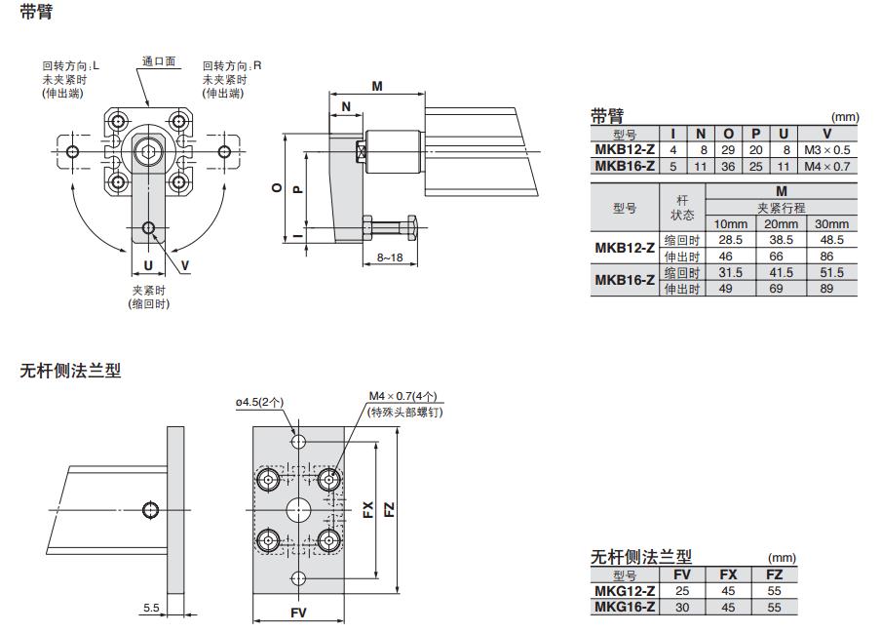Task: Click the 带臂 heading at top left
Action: pos(36,13)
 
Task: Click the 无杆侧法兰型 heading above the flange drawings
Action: pos(70,371)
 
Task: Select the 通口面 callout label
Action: pos(159,61)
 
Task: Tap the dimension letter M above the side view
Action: pos(376,86)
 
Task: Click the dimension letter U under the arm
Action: pos(148,264)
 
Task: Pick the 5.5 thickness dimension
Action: pos(151,608)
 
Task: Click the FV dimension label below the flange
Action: pos(299,612)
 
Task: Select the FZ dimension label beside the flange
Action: pos(389,508)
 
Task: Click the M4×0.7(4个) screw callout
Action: pos(402,397)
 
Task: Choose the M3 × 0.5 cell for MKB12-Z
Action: pos(827,150)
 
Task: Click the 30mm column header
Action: pos(831,223)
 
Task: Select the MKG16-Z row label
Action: pos(625,607)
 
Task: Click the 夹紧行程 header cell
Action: pos(781,208)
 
